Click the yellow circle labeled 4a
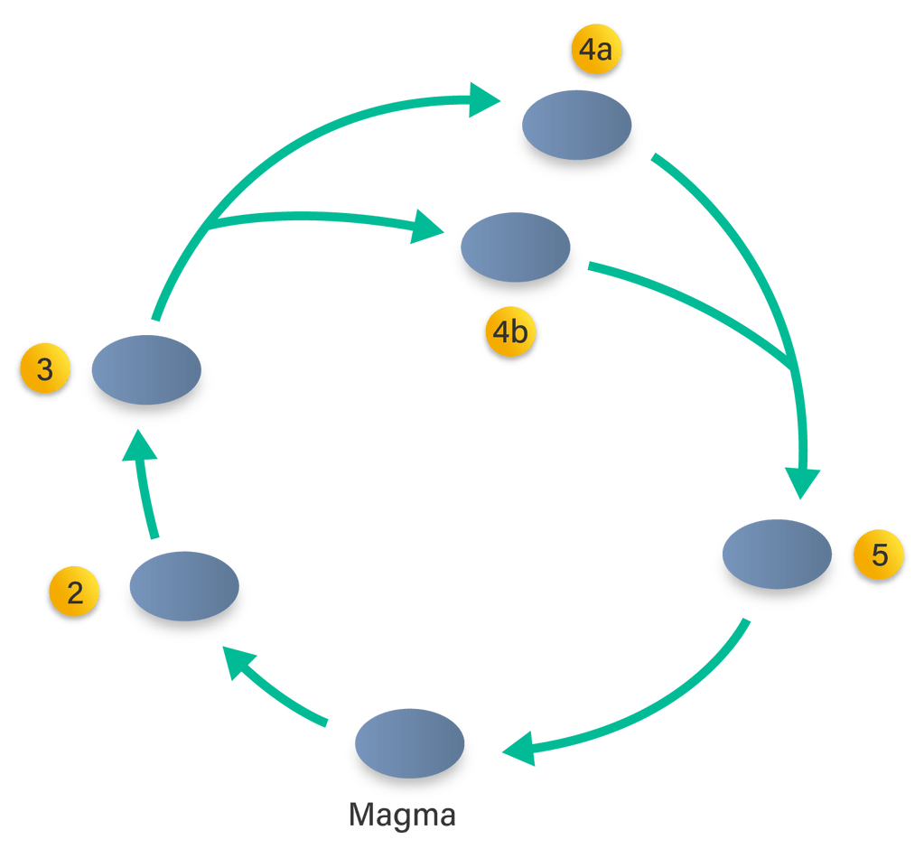(595, 51)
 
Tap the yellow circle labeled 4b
(509, 333)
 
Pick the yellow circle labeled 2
(75, 592)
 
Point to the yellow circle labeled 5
(879, 555)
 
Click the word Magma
(402, 815)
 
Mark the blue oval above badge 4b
(515, 248)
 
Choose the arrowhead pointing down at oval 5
(803, 480)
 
